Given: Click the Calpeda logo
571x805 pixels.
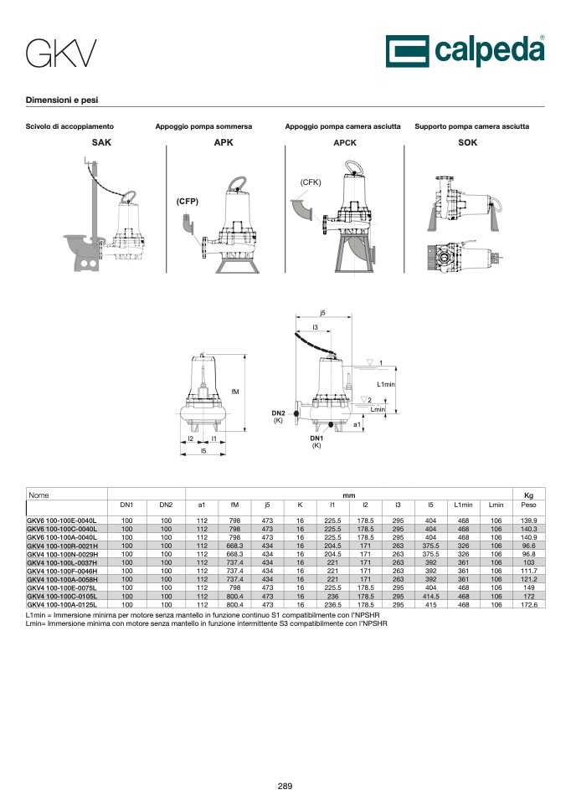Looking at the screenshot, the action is [466, 51].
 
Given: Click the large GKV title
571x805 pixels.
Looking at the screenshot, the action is [61, 54].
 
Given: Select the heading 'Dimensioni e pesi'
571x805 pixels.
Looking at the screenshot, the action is [62, 100].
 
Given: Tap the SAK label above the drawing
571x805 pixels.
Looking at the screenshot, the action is [101, 142].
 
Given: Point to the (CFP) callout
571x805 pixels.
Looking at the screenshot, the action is [188, 201].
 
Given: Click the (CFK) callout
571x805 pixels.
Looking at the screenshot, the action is [311, 182].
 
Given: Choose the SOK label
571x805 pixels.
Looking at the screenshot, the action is [467, 142].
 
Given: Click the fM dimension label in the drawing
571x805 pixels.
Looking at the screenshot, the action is [235, 392].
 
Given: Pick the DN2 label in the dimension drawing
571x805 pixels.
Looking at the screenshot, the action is [278, 413].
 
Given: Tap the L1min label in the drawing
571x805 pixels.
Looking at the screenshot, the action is [386, 384].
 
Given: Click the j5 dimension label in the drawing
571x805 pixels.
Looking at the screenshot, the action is [322, 313].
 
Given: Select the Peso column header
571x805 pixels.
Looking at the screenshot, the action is [528, 505].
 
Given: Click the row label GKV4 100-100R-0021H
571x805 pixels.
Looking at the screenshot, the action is [62, 546].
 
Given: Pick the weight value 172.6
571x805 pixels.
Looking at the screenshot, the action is [529, 605].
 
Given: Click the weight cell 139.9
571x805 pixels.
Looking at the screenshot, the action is [529, 520].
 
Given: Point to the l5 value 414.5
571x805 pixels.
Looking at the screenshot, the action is [431, 597].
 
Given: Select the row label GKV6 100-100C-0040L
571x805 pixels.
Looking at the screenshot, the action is [62, 529].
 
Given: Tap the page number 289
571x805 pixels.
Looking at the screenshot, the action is [285, 786].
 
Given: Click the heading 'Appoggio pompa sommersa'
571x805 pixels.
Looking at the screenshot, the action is [203, 126].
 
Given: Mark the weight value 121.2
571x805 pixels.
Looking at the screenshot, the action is [529, 579].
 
